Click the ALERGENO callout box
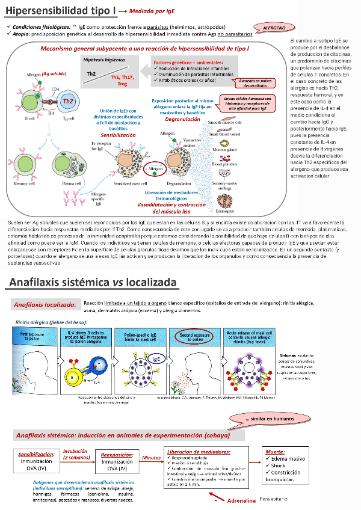(x=277, y=28)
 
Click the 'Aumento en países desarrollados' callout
(x=259, y=82)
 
